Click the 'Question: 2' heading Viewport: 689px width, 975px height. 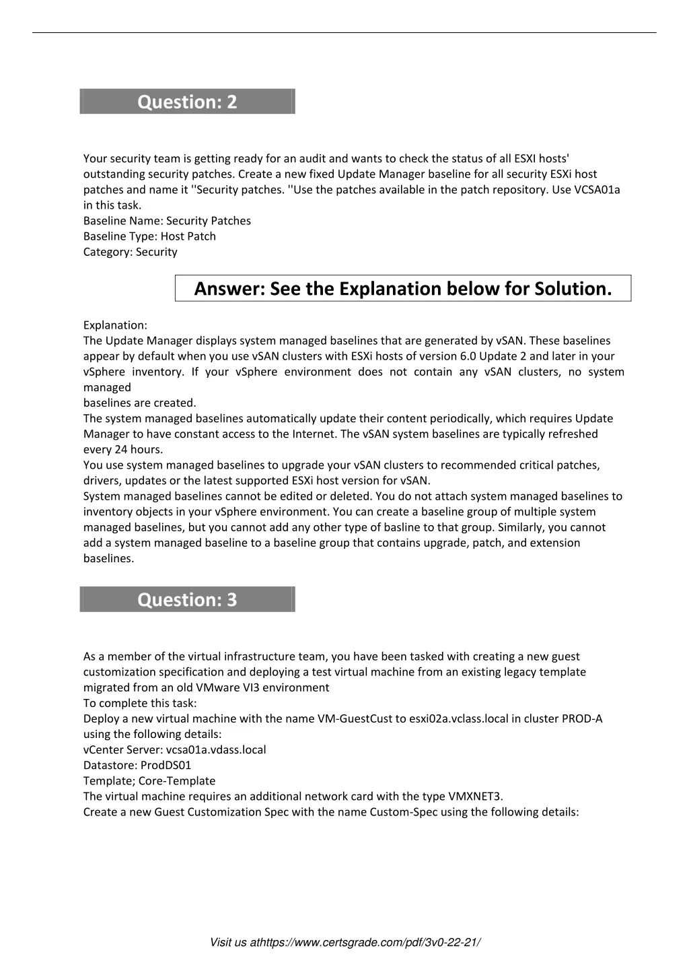(x=187, y=102)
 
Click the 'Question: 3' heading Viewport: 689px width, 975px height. (x=187, y=599)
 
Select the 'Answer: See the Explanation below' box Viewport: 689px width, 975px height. (x=403, y=288)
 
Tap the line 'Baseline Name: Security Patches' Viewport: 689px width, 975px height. (x=167, y=221)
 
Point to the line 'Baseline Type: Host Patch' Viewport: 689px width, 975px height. (x=149, y=236)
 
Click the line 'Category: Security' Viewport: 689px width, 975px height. (x=130, y=252)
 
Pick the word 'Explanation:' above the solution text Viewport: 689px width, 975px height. (x=115, y=325)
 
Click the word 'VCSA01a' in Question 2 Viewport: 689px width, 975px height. (x=597, y=189)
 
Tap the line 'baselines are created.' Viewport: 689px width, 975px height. (x=139, y=403)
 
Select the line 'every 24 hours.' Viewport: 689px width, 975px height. (x=123, y=449)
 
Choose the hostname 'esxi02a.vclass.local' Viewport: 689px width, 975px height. (x=458, y=718)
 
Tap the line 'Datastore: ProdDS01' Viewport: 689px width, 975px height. (x=137, y=765)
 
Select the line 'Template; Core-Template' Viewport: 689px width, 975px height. (x=149, y=780)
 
